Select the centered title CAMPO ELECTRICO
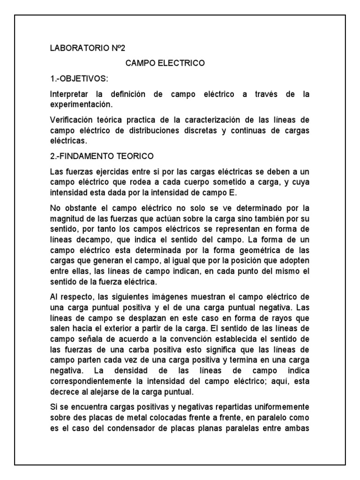(x=165, y=63)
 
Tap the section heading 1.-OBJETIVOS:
(x=81, y=78)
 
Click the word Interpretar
(x=69, y=94)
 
